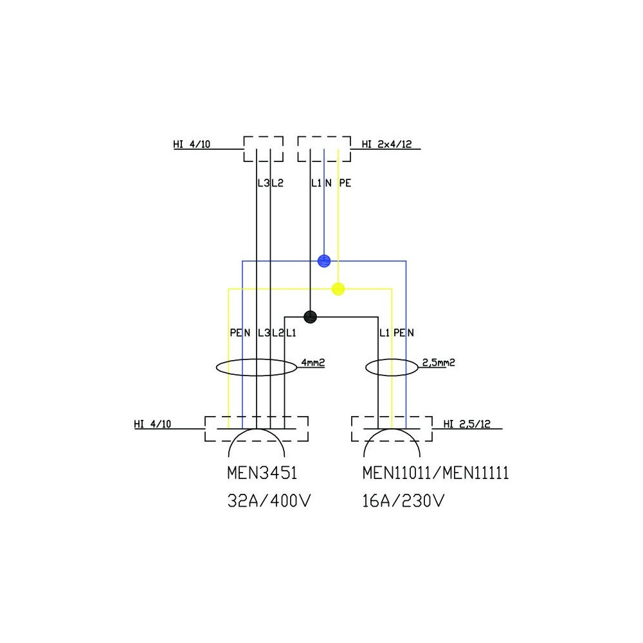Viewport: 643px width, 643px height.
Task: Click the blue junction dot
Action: point(324,260)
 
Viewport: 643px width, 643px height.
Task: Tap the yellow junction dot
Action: point(338,289)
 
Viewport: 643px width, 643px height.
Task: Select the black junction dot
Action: point(311,316)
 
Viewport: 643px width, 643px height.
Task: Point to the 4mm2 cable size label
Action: point(312,363)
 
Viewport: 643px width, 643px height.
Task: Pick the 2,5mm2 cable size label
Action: point(439,363)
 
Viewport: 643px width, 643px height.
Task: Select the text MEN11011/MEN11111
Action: point(435,474)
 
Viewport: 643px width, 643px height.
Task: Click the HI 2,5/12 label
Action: point(467,423)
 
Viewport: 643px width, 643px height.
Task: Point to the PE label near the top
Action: point(345,183)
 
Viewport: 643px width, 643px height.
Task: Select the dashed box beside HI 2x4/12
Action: point(324,149)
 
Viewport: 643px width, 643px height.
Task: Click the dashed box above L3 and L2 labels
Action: point(263,149)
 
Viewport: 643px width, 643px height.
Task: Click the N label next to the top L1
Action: point(328,183)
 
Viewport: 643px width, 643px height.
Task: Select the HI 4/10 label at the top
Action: point(192,144)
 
